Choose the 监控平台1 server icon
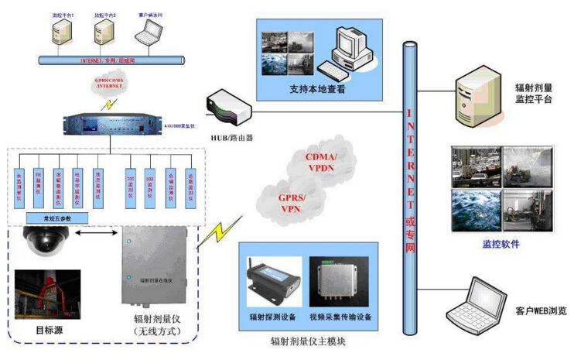59,30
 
